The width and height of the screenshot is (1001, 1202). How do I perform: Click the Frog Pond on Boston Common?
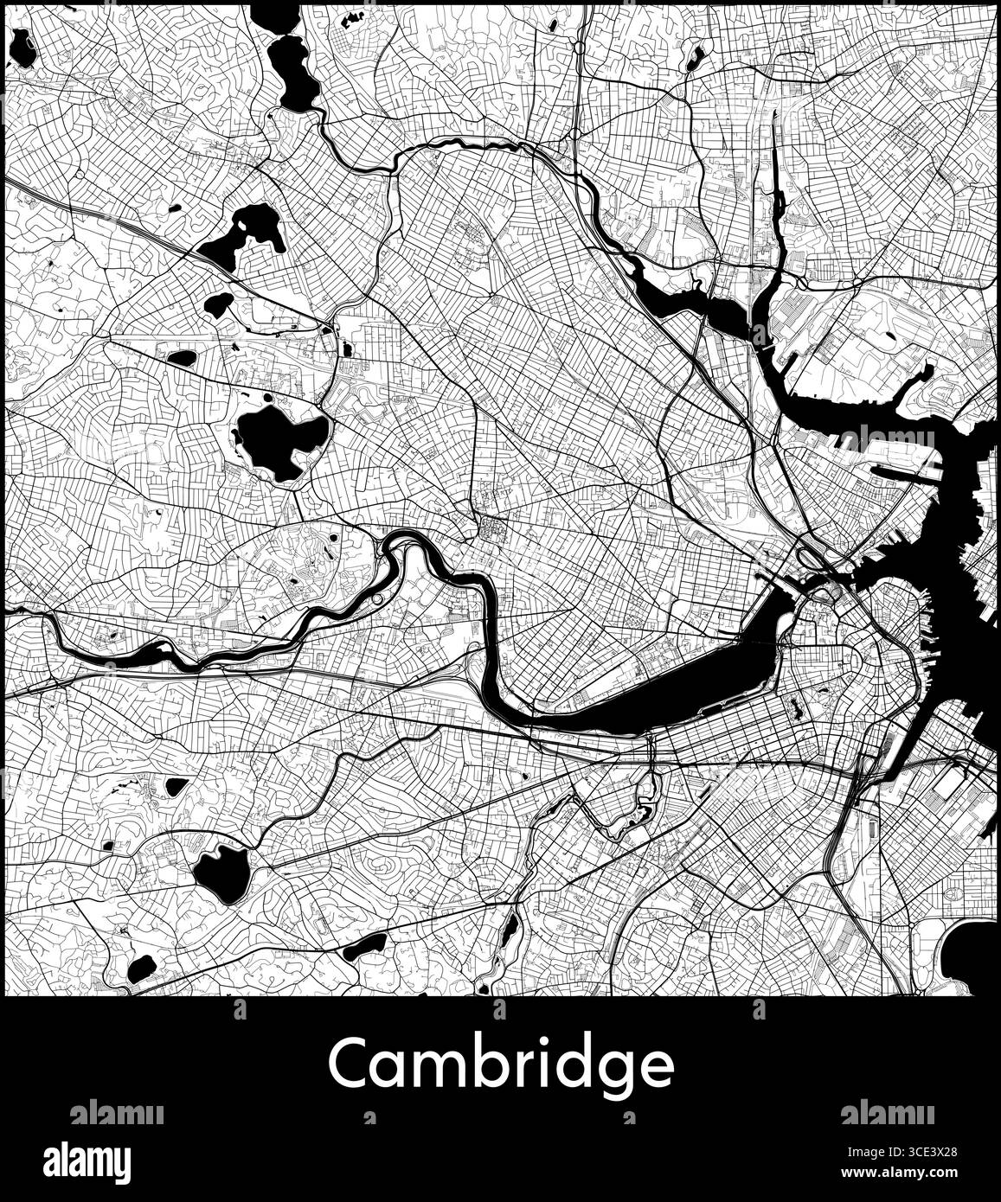(x=822, y=691)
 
